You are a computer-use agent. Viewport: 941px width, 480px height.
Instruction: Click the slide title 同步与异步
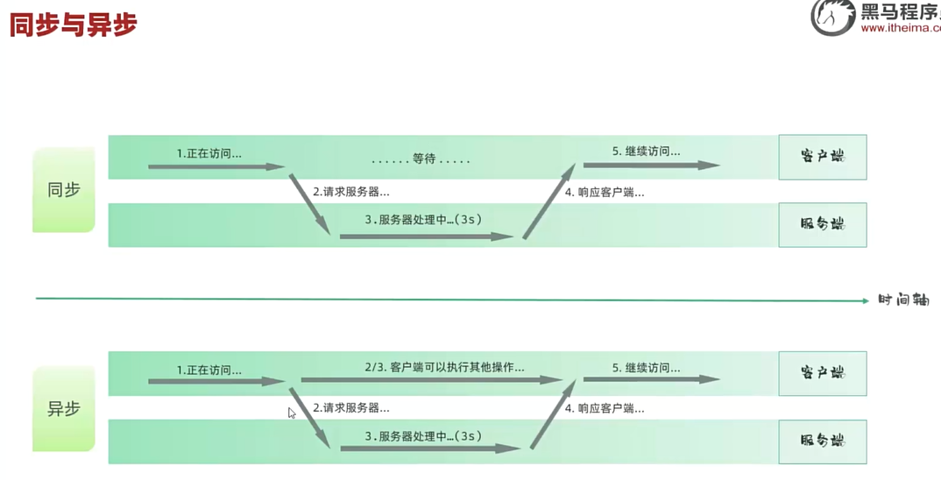coord(73,24)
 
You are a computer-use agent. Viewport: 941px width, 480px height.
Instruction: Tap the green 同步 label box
coord(63,189)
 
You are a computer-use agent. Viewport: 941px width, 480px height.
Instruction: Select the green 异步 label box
coord(63,408)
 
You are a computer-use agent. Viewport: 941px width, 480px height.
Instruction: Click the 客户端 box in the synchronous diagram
coord(822,157)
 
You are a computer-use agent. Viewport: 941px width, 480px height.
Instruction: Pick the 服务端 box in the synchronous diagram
coord(822,225)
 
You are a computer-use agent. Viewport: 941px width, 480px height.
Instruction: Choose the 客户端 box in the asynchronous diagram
coord(822,373)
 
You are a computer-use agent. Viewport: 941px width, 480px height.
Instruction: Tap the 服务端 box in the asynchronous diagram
coord(822,441)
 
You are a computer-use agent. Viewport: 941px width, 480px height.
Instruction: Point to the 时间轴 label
coord(903,300)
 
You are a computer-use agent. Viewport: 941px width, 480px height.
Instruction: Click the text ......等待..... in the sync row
coord(421,159)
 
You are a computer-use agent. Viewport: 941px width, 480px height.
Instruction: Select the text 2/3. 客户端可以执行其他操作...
coord(444,367)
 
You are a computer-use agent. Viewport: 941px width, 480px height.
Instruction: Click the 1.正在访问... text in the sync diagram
coord(209,153)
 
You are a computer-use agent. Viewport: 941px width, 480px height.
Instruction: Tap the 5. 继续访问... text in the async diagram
coord(646,368)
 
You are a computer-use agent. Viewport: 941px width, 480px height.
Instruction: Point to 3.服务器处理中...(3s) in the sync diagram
coord(423,220)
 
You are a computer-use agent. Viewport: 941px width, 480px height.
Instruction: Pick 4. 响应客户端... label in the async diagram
coord(605,408)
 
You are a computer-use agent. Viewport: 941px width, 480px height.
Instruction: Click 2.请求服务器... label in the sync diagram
coord(350,192)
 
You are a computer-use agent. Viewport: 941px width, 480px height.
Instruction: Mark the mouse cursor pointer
coord(292,413)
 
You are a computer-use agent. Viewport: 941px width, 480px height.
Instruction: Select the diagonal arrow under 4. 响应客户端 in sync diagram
coord(549,201)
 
